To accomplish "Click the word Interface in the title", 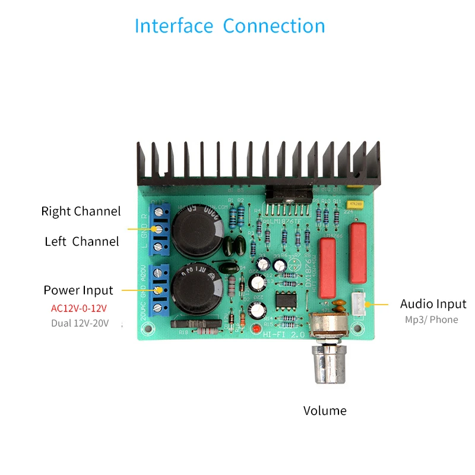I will point(173,26).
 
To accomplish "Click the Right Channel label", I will point(81,211).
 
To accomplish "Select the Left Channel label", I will point(82,242).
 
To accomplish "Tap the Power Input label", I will point(78,290).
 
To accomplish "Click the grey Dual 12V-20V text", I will point(80,324).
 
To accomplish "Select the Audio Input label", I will point(433,304).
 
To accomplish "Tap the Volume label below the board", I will point(325,410).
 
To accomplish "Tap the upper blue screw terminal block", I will point(161,229).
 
